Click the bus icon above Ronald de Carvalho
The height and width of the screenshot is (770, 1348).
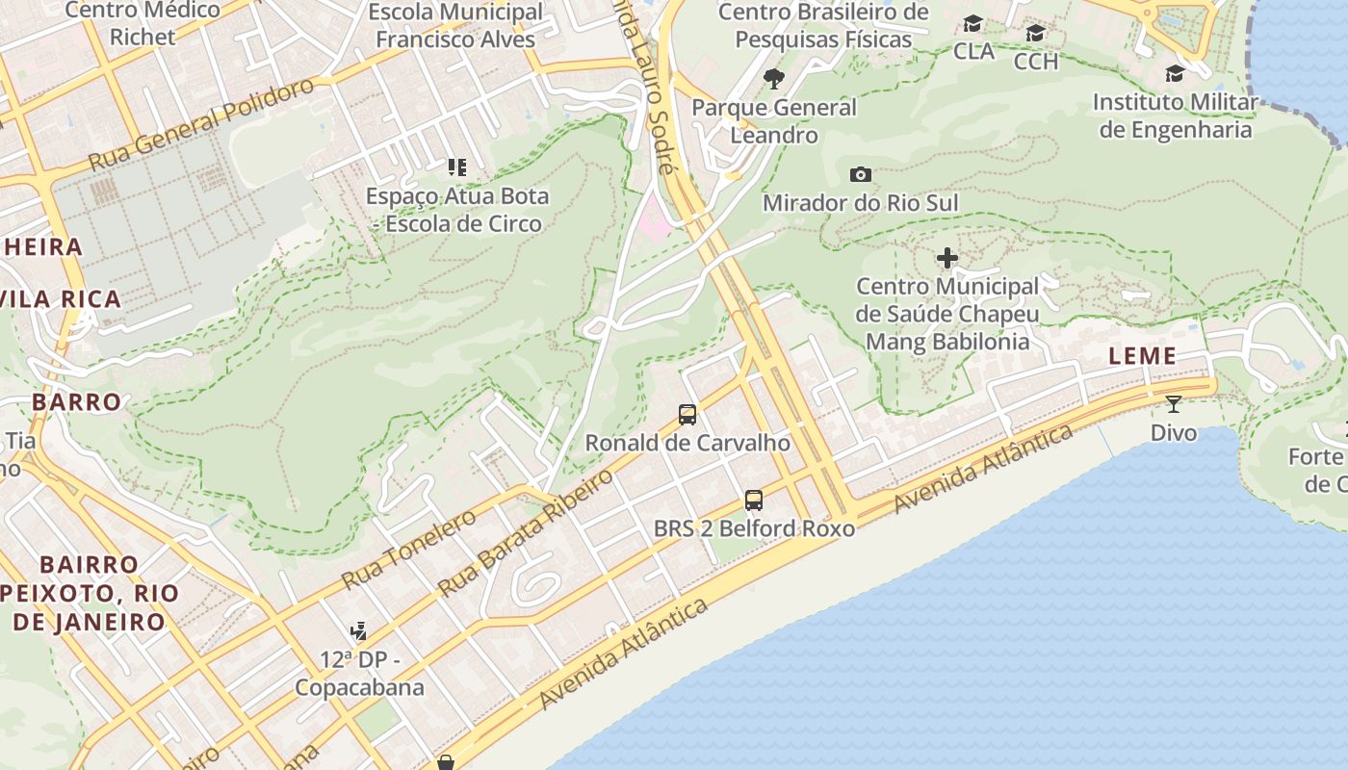(x=687, y=415)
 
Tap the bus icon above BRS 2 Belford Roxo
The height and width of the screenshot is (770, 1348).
(x=754, y=500)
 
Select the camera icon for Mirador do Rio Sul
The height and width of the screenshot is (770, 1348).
(x=861, y=174)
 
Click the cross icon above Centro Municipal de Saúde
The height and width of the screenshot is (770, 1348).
(x=947, y=258)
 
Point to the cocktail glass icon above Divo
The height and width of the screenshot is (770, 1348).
(x=1174, y=404)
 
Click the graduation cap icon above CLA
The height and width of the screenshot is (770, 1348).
(x=973, y=23)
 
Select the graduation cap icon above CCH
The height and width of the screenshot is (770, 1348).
(x=1036, y=34)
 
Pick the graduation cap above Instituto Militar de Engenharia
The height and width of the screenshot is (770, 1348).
(x=1175, y=74)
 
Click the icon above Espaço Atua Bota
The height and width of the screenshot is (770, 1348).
(x=457, y=167)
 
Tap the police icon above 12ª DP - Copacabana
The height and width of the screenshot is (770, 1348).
(x=359, y=631)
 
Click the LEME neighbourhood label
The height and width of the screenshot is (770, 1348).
(x=1143, y=356)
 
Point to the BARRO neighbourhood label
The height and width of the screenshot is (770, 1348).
(x=77, y=401)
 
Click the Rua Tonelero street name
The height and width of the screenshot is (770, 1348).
(x=408, y=550)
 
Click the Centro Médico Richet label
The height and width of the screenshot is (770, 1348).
(x=143, y=24)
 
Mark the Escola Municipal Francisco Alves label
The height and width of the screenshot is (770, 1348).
(x=456, y=26)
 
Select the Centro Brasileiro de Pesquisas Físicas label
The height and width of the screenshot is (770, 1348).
(x=823, y=26)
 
